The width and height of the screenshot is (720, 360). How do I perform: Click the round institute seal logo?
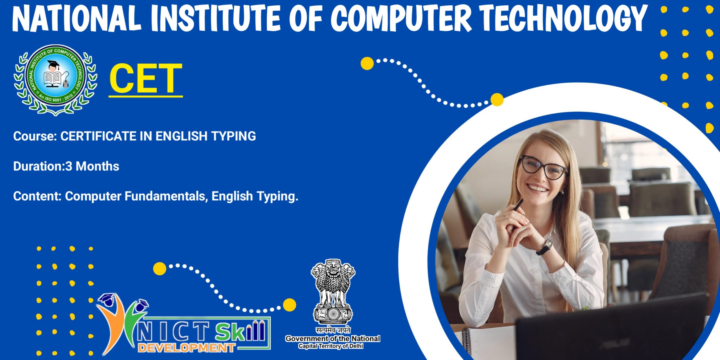[55, 80]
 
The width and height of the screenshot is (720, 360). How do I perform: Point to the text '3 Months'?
[92, 166]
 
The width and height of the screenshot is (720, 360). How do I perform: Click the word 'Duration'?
[38, 166]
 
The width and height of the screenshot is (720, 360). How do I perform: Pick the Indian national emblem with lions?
[333, 292]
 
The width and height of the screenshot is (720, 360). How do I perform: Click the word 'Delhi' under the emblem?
[356, 346]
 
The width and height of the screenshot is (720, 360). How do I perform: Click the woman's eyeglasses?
[543, 168]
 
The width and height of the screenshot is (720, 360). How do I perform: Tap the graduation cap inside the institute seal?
[53, 64]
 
